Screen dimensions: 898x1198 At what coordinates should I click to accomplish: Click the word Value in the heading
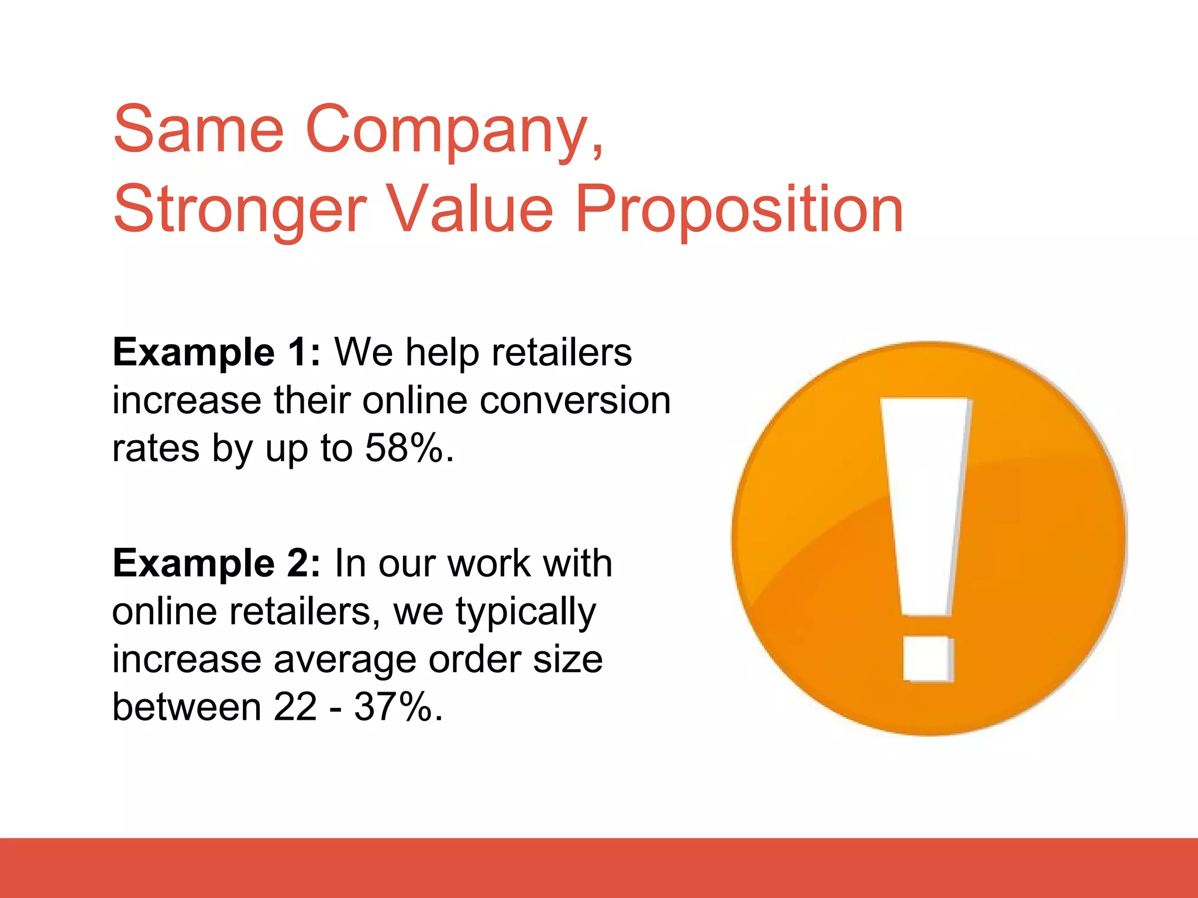pos(469,209)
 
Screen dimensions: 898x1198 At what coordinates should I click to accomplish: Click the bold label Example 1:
pos(216,353)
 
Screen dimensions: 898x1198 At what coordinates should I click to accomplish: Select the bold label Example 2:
pos(216,564)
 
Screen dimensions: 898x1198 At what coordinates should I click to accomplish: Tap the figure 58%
pos(404,448)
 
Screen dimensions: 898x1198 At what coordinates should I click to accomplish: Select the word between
pos(186,707)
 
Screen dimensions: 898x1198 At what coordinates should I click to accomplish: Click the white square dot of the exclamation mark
pos(928,659)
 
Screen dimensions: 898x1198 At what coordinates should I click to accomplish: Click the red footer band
pos(599,868)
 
